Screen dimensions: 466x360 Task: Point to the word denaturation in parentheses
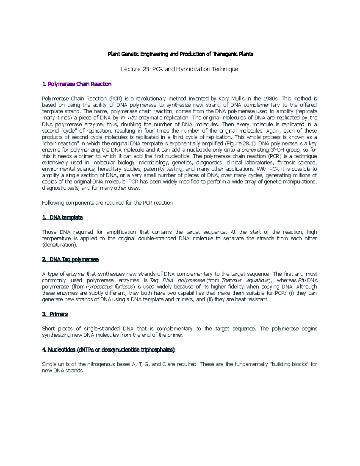60,245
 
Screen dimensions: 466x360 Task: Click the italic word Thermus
231,281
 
